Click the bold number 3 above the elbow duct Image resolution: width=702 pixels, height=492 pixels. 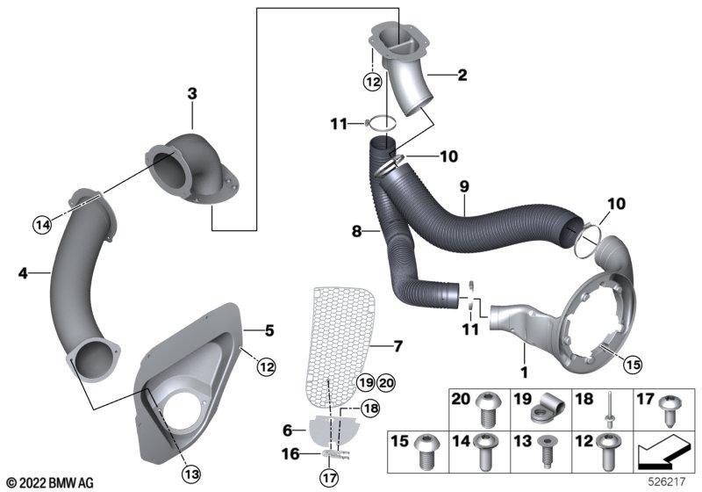click(x=191, y=94)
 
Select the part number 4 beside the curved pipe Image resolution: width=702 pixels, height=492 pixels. click(x=23, y=273)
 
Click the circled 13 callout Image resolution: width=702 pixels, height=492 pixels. click(x=191, y=474)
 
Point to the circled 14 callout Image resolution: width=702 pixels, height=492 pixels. click(x=42, y=225)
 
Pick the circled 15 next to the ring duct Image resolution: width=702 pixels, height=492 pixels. click(x=633, y=364)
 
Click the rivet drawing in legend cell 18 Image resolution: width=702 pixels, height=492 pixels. click(x=610, y=410)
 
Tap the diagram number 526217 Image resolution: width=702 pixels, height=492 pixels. click(x=667, y=481)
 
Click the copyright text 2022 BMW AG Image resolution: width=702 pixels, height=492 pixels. click(x=50, y=483)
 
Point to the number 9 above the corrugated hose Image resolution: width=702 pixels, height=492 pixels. click(x=464, y=186)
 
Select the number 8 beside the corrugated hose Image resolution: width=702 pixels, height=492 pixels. click(x=356, y=232)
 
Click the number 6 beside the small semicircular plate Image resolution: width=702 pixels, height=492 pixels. click(x=288, y=430)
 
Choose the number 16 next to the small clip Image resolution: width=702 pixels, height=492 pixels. click(x=290, y=454)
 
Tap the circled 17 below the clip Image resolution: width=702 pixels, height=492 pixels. click(x=329, y=478)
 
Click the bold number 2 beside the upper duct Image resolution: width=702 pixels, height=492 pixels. click(x=462, y=75)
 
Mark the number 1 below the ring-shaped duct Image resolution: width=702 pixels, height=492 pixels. click(x=523, y=372)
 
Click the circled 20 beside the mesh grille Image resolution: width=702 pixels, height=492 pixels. click(x=386, y=383)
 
